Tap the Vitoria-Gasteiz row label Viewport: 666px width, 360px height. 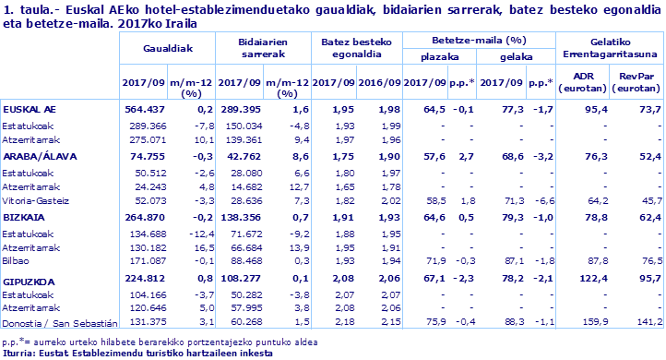35,199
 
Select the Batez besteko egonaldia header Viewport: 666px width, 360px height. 356,50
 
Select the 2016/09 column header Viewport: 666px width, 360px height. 381,81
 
